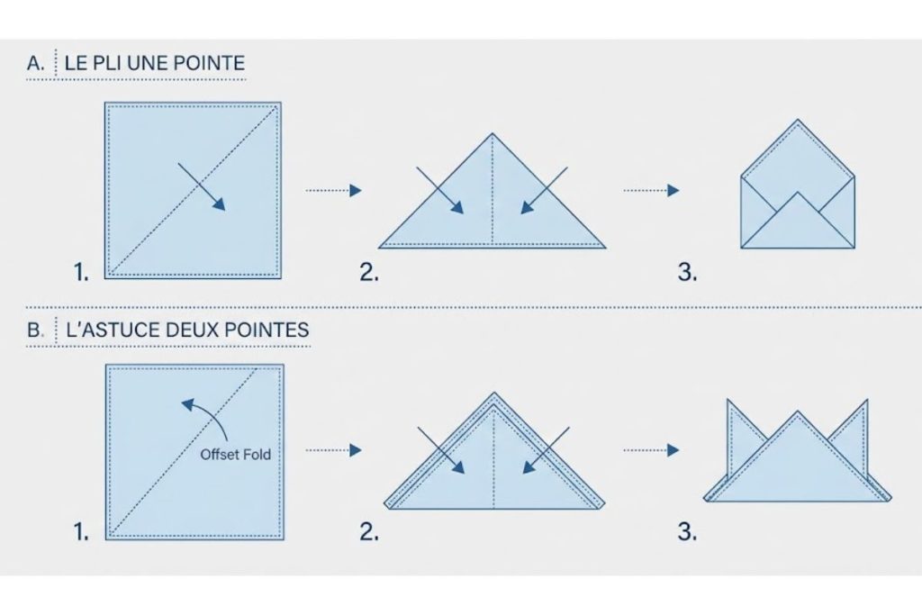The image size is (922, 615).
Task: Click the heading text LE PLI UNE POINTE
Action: pos(155,64)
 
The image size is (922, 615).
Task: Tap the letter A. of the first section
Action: pos(37,64)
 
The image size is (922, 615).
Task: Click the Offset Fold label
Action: pos(235,455)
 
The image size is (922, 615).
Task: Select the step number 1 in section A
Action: pos(82,272)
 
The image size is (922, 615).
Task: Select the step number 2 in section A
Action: pos(369,272)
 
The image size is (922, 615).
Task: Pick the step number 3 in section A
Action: pos(687,272)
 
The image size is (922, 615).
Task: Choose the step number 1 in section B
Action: pos(82,532)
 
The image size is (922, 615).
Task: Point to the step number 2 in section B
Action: pos(369,532)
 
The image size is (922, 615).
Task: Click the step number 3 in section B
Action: pos(687,532)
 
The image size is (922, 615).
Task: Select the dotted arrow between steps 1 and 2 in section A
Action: pos(333,190)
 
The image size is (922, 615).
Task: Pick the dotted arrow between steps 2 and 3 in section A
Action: pos(651,190)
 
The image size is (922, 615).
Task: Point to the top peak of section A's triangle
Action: pos(492,135)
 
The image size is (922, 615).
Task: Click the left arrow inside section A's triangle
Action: pos(440,190)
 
